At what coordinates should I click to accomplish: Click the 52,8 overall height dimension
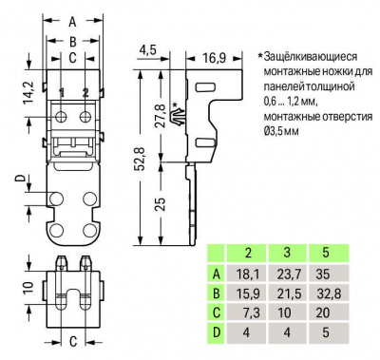click(x=141, y=159)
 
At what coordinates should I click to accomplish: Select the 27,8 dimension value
click(x=161, y=115)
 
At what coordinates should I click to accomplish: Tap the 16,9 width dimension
click(x=215, y=58)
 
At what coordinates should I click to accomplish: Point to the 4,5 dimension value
click(x=147, y=50)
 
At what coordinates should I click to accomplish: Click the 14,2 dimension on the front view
click(x=28, y=93)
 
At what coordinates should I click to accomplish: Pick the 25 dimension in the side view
click(x=161, y=204)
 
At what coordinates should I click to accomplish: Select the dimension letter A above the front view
click(x=73, y=22)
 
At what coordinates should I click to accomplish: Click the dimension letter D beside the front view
click(x=21, y=179)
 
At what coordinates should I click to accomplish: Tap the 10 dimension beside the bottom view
click(x=28, y=287)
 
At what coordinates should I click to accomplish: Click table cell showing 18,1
click(x=248, y=275)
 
